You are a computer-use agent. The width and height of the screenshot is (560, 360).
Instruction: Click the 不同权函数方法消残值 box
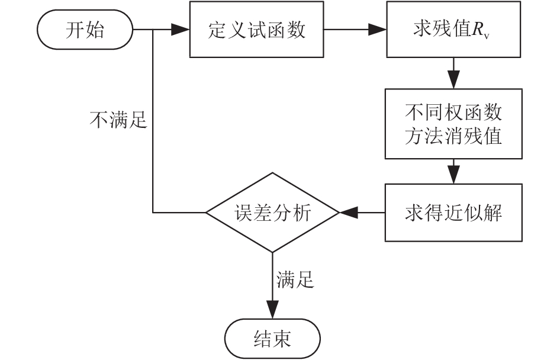pyautogui.click(x=454, y=124)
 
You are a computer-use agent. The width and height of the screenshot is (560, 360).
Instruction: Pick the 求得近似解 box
pyautogui.click(x=454, y=212)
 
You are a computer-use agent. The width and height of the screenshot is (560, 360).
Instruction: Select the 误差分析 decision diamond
pyautogui.click(x=272, y=212)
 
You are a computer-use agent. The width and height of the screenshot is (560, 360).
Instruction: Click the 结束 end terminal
pyautogui.click(x=272, y=339)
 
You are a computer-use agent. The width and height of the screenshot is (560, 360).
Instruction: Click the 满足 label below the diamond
pyautogui.click(x=295, y=279)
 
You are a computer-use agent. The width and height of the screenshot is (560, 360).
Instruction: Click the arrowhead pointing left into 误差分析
pyautogui.click(x=346, y=212)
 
